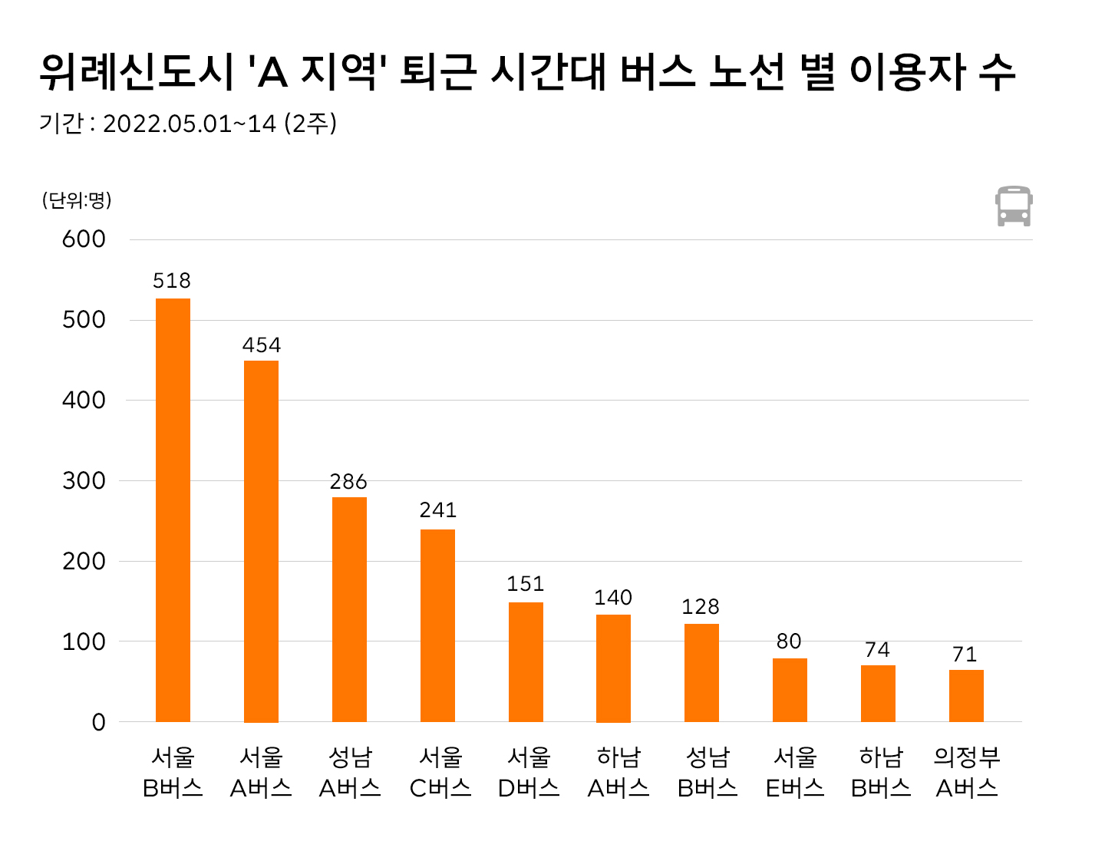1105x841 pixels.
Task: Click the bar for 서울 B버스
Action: [x=173, y=510]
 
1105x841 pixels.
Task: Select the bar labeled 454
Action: [x=261, y=541]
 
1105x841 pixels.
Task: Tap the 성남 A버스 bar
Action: [x=349, y=609]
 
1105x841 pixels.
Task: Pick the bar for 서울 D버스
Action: [x=526, y=661]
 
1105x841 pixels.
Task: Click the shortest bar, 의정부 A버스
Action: [x=966, y=696]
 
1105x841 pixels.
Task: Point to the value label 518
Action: [x=172, y=281]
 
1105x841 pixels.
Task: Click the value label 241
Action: [x=437, y=510]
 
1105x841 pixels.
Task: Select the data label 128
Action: [x=701, y=607]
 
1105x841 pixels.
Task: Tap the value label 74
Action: [x=877, y=650]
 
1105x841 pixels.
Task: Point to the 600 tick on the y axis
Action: [x=84, y=239]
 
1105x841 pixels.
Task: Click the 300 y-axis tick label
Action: [x=84, y=481]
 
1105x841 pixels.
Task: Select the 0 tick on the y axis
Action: [x=98, y=722]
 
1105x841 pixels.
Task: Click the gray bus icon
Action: [x=1014, y=206]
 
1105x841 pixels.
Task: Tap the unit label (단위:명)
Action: [x=77, y=200]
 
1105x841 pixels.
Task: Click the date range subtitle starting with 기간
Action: [x=188, y=124]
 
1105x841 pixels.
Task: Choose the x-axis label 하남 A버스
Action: [x=618, y=773]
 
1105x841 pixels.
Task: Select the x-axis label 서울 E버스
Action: [x=795, y=773]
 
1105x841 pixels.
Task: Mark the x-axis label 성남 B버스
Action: [x=707, y=773]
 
